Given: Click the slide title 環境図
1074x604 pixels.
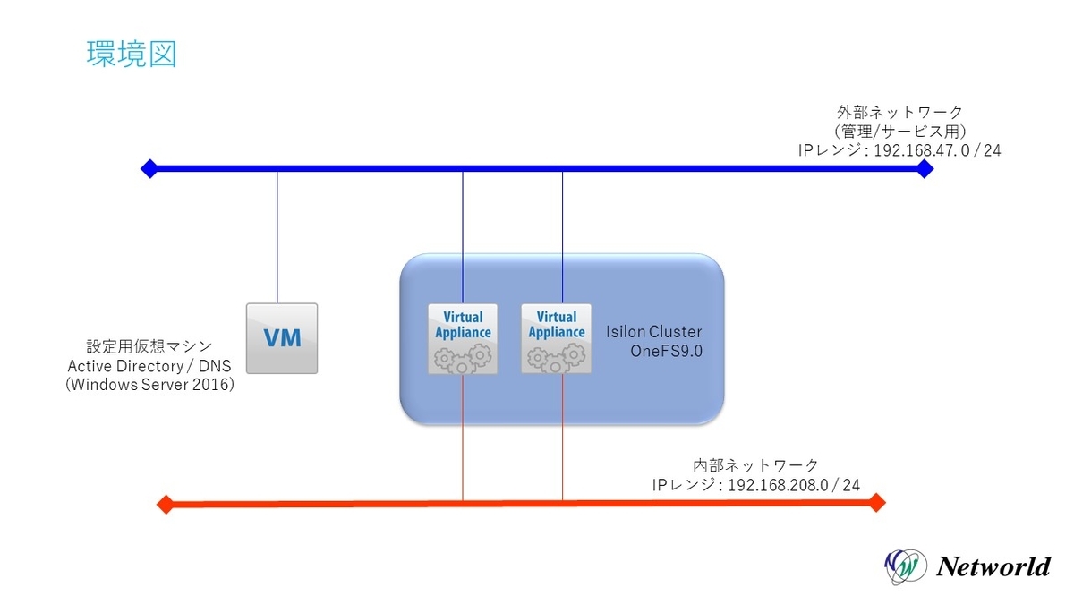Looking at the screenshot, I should point(131,54).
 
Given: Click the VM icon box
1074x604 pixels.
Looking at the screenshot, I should point(282,337).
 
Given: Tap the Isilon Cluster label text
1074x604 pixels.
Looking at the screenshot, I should point(654,331).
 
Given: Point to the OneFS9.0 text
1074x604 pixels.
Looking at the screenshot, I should point(668,351).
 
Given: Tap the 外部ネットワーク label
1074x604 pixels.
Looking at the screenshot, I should point(899,112).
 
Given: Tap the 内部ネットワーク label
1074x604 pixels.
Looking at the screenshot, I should point(756,464).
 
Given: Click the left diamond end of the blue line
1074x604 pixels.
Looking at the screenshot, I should point(149,167).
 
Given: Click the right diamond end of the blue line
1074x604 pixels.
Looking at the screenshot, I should point(925,168).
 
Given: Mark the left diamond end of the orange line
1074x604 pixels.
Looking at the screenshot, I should point(165,505).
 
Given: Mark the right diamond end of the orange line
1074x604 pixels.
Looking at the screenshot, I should point(876,503).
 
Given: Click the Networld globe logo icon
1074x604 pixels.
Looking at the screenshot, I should point(903,566).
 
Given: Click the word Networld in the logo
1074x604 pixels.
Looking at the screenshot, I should point(993,566).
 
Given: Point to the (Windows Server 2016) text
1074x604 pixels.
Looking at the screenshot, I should point(149,386).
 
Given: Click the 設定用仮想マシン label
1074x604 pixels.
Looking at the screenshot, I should point(149,345).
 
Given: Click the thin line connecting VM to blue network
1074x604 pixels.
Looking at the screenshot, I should point(277,237).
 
